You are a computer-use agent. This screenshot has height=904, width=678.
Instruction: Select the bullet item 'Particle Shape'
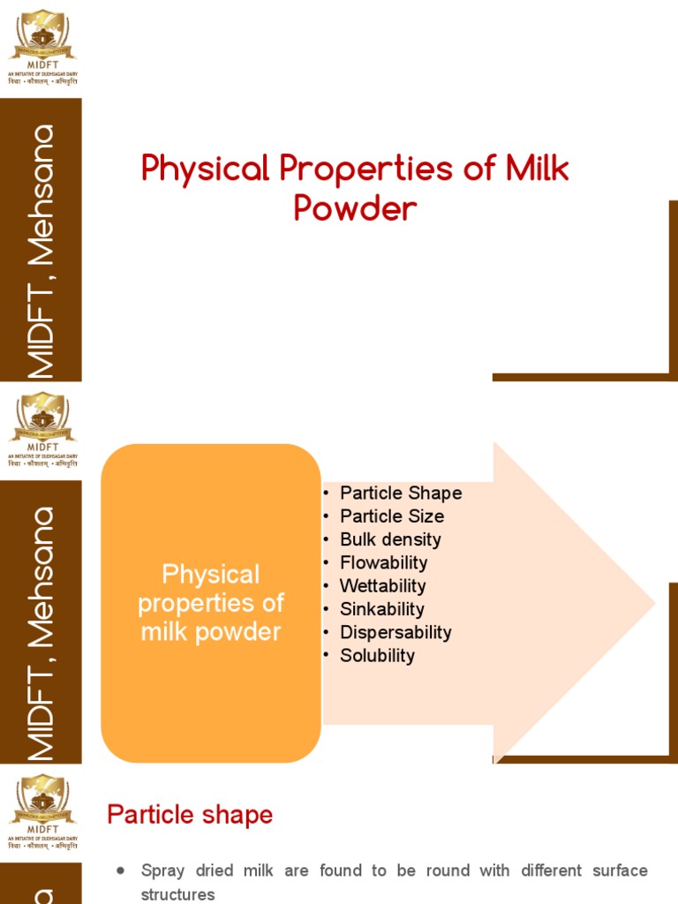pos(400,493)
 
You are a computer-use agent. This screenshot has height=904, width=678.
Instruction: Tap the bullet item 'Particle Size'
pos(391,516)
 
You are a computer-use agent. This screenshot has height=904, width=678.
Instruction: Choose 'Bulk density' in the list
pos(390,539)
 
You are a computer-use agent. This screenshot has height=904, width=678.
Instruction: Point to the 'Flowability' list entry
pos(383,562)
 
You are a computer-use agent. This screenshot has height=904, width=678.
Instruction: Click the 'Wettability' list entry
pos(382,585)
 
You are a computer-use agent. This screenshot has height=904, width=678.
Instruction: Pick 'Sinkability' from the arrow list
pos(381,609)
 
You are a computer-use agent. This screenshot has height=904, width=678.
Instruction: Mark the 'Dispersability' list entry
pos(395,632)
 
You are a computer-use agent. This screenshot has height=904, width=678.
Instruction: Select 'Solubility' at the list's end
pos(377,655)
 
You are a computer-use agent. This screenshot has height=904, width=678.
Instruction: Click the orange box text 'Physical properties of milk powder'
pos(211,603)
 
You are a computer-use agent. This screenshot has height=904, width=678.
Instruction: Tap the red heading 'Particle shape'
pos(190,815)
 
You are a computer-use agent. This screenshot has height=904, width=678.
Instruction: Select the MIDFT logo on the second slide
pos(42,429)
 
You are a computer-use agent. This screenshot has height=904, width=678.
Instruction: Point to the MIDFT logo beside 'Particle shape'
pos(42,811)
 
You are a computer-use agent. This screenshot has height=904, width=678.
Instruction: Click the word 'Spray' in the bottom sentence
pos(162,870)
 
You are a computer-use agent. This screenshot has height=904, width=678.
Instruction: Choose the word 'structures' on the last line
pos(177,894)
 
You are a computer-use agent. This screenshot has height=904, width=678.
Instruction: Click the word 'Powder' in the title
pos(355,208)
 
